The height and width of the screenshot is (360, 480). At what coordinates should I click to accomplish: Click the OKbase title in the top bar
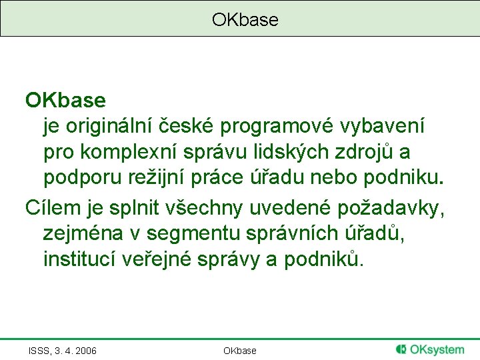coord(245,20)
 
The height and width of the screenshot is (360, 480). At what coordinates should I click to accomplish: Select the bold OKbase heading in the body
coord(65,101)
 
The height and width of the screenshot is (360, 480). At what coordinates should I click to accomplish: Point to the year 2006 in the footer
coord(85,351)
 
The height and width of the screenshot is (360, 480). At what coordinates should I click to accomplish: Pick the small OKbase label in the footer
coord(239,351)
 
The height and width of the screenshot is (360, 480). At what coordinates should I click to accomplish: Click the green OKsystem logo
coord(430,349)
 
